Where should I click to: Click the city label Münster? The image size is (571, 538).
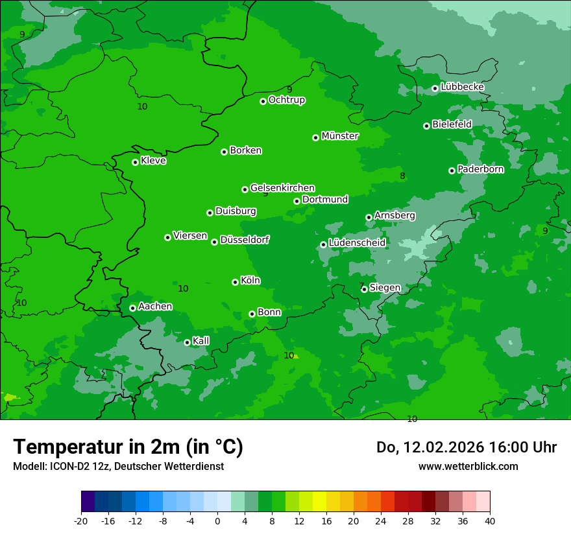(x=340, y=136)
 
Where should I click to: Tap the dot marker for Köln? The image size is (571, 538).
(x=235, y=282)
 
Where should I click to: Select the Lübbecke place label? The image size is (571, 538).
(x=462, y=87)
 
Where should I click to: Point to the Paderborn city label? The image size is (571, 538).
(x=480, y=169)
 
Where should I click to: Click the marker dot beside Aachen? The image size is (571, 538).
(x=132, y=308)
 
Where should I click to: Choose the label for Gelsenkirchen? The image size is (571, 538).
(x=282, y=188)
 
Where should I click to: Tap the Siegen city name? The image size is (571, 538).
(x=385, y=288)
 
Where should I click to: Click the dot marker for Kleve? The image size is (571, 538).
(x=135, y=162)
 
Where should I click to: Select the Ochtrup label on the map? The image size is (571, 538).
(x=286, y=100)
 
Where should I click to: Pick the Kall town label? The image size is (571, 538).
(x=200, y=341)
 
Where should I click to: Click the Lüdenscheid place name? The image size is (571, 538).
(x=357, y=243)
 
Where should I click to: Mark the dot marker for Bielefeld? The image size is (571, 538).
(x=426, y=126)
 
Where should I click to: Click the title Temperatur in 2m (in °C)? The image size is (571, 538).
(x=128, y=447)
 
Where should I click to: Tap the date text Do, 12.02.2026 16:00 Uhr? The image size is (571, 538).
(x=466, y=447)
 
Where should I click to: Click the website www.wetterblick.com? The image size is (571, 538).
(x=468, y=466)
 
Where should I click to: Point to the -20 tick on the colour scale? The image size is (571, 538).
(x=81, y=520)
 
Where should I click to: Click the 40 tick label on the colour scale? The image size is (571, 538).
(x=490, y=520)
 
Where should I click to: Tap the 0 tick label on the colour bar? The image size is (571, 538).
(x=217, y=520)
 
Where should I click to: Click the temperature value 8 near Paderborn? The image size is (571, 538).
(x=402, y=176)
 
